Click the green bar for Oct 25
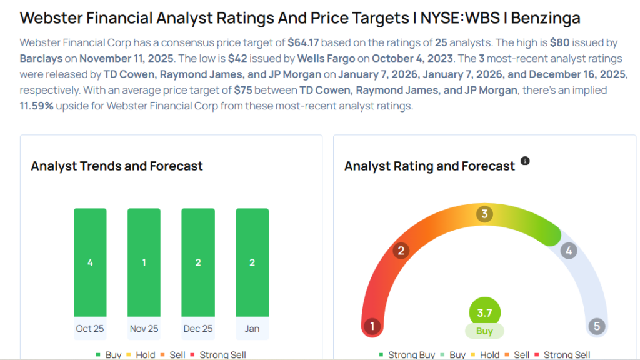[90, 262]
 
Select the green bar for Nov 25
[144, 262]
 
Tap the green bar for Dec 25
[197, 262]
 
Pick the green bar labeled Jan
[252, 262]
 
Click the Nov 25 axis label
[144, 329]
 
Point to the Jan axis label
[252, 329]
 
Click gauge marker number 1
[372, 326]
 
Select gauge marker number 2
[401, 251]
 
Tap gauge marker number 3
[484, 214]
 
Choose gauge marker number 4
[568, 251]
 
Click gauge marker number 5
[596, 326]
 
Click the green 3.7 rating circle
[484, 312]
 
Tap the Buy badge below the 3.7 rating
[484, 331]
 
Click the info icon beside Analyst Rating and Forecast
[525, 161]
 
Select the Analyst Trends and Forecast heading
[117, 166]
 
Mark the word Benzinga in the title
[546, 18]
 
